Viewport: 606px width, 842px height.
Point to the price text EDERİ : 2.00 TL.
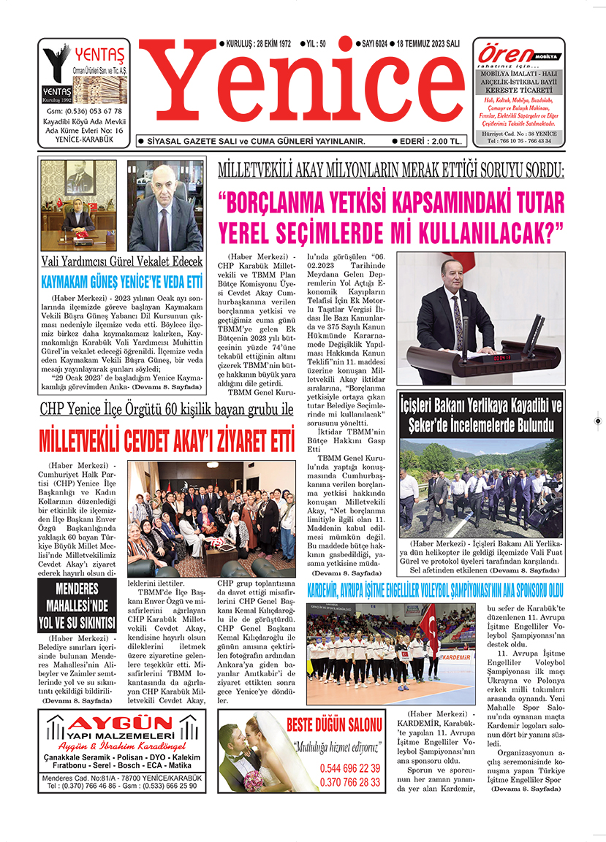pyautogui.click(x=427, y=141)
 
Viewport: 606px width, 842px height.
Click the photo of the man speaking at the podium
pyautogui.click(x=480, y=318)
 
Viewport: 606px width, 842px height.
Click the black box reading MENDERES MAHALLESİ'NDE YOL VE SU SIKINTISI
pyautogui.click(x=77, y=605)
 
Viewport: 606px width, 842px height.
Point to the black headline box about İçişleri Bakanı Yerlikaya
pyautogui.click(x=480, y=415)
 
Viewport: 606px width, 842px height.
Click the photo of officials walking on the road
pyautogui.click(x=480, y=487)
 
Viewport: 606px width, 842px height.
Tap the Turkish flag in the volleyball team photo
pyautogui.click(x=428, y=624)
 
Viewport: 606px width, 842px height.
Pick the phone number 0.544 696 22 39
pyautogui.click(x=349, y=768)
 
